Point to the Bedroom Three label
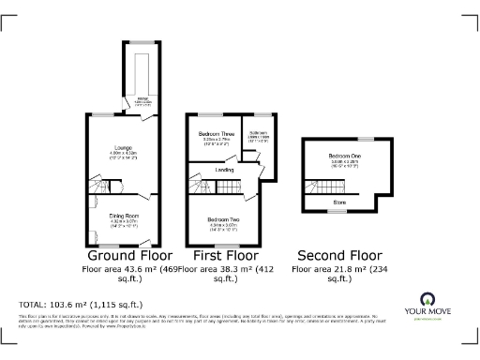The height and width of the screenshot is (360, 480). [x=215, y=134]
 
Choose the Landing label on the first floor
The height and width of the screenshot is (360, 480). [x=224, y=170]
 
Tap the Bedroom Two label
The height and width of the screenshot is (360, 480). [x=224, y=219]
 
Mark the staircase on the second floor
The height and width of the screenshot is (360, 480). [x=320, y=186]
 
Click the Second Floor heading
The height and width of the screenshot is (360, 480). [x=338, y=255]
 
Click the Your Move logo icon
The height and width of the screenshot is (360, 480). [x=432, y=300]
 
